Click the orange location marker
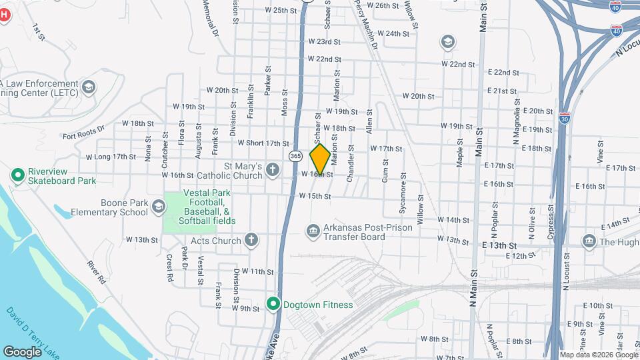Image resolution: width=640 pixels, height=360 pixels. click(x=320, y=159)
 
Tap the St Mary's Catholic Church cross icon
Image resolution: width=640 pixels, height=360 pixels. click(x=272, y=170)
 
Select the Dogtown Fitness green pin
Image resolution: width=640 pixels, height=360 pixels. click(x=273, y=304)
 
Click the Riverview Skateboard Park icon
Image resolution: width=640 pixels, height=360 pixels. click(x=18, y=175)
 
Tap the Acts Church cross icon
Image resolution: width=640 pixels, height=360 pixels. click(x=251, y=240)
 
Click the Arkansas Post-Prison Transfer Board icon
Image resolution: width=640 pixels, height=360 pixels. click(x=313, y=231)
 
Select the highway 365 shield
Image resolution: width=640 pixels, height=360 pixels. click(x=295, y=155)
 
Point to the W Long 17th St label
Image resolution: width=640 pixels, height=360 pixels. click(x=111, y=157)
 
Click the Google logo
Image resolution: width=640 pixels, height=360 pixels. click(x=22, y=351)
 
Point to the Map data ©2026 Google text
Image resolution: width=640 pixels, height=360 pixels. click(x=599, y=355)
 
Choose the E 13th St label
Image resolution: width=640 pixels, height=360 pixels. click(x=501, y=245)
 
